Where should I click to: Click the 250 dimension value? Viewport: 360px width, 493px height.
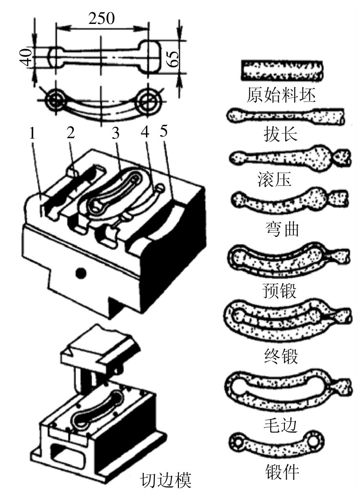pyautogui.click(x=101, y=18)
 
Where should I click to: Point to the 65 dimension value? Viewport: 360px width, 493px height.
pyautogui.click(x=173, y=57)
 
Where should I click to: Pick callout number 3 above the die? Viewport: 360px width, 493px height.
pyautogui.click(x=116, y=133)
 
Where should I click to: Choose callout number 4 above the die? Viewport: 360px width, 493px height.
pyautogui.click(x=145, y=132)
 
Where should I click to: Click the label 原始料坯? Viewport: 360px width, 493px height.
pyautogui.click(x=281, y=95)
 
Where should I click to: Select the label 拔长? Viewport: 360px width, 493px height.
pyautogui.click(x=281, y=135)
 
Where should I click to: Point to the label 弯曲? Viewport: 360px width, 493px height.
pyautogui.click(x=282, y=228)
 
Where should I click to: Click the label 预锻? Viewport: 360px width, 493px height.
pyautogui.click(x=279, y=291)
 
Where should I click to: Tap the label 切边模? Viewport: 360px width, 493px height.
pyautogui.click(x=165, y=479)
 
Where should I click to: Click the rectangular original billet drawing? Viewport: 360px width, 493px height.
pyautogui.click(x=282, y=71)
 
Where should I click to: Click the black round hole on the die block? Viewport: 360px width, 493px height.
pyautogui.click(x=81, y=273)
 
